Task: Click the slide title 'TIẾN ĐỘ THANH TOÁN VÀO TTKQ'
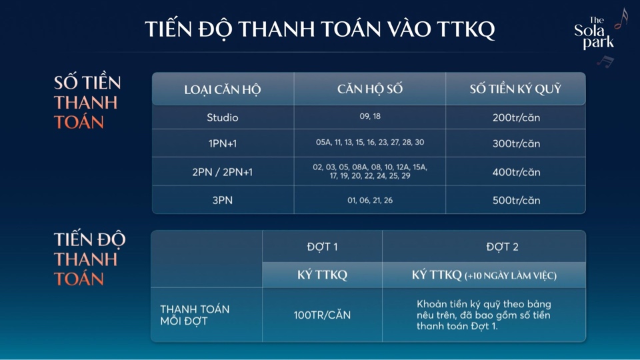[319, 29]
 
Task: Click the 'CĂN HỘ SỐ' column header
[370, 89]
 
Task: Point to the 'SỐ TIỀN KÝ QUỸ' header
[515, 89]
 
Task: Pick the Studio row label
[223, 117]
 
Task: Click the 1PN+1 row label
[223, 144]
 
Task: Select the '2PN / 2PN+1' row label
[223, 172]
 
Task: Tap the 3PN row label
[223, 201]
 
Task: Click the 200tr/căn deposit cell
[516, 117]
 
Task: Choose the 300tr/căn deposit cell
[516, 144]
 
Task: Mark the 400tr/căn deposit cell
[516, 172]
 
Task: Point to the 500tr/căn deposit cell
[516, 201]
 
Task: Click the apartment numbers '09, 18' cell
[370, 116]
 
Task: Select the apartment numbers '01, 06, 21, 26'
[370, 201]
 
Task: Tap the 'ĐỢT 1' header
[323, 247]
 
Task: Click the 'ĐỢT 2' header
[503, 247]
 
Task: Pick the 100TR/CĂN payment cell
[322, 315]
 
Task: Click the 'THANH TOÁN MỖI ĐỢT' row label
[195, 315]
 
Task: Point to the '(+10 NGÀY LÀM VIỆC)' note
[511, 276]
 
